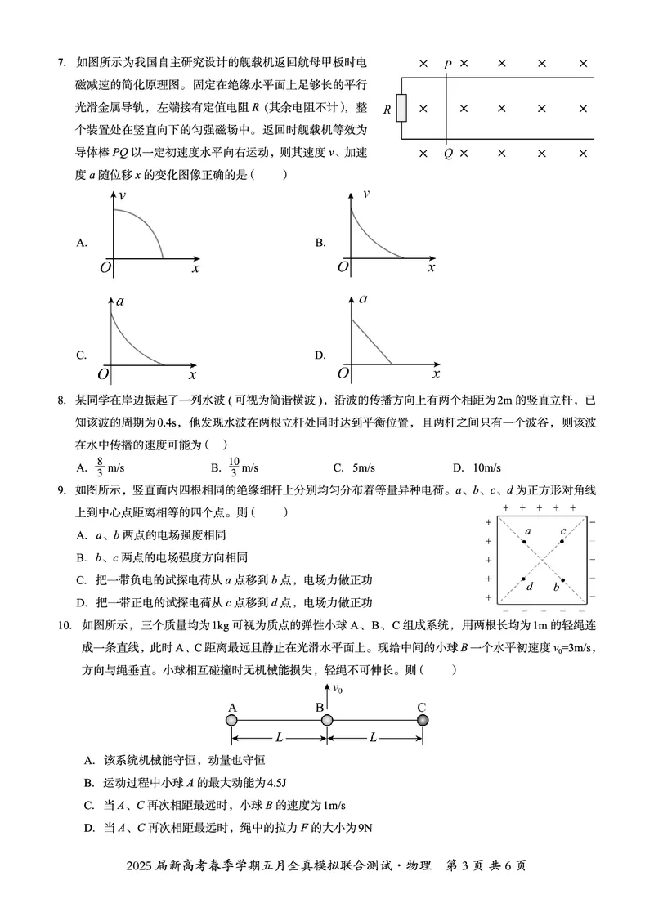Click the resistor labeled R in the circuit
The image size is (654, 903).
point(401,108)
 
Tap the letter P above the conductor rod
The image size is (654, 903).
point(447,64)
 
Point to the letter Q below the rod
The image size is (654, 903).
point(447,154)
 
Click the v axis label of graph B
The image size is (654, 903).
point(365,194)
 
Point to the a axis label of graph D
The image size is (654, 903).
point(362,299)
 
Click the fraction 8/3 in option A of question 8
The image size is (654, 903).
point(100,467)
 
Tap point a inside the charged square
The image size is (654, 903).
point(524,541)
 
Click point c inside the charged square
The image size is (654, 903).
point(562,541)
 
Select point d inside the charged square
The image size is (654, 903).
point(524,579)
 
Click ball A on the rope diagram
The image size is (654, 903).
point(232,720)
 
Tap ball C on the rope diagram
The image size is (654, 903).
point(422,720)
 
